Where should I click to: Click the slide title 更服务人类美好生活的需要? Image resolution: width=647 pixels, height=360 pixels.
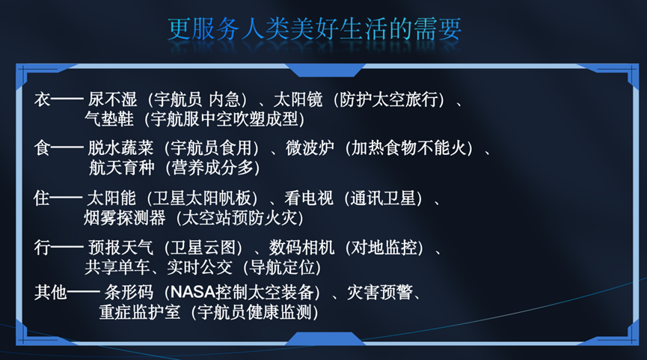[314, 29]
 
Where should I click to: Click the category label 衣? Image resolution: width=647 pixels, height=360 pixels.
[42, 100]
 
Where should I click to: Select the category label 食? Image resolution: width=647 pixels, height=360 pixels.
[42, 147]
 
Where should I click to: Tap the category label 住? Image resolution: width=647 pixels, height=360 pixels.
[42, 198]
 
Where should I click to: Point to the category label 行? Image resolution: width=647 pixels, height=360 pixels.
[42, 248]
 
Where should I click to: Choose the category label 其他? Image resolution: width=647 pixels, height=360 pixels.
[50, 293]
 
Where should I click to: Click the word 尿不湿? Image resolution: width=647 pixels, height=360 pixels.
[112, 100]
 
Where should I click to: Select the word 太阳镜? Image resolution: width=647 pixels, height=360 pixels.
[298, 100]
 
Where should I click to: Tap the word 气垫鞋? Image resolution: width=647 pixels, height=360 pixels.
[109, 119]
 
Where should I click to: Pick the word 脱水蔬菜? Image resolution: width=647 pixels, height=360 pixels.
[120, 147]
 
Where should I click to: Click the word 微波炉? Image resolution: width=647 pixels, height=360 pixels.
[310, 147]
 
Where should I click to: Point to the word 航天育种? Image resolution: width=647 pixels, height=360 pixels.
[122, 168]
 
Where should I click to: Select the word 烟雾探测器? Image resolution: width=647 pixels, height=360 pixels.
[125, 218]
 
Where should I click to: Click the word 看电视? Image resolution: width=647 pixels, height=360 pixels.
[309, 198]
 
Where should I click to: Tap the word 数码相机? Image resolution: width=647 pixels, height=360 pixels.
[301, 248]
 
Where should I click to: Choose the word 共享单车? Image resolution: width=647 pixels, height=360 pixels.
[117, 267]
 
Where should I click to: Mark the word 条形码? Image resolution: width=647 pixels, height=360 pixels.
[129, 293]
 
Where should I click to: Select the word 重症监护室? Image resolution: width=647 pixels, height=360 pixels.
[140, 312]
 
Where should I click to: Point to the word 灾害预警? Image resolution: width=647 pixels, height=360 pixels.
[380, 293]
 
